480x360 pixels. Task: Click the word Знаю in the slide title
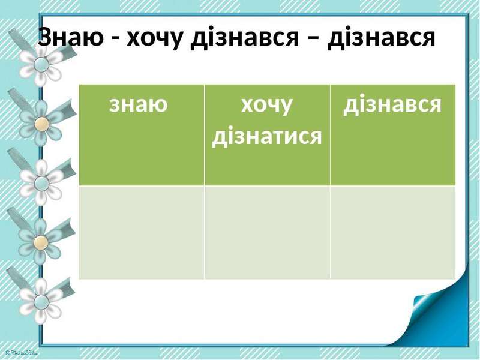point(71,37)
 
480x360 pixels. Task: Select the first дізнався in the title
point(244,38)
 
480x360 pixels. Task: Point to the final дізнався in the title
point(381,38)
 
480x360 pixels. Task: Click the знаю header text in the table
point(139,104)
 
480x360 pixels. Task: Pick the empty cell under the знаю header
point(142,232)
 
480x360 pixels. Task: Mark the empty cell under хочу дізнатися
point(267,232)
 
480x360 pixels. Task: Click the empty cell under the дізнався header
point(393,232)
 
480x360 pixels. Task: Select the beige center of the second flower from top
point(41,124)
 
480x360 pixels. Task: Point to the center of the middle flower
point(41,183)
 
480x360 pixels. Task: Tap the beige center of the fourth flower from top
point(41,242)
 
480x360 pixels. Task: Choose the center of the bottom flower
point(41,302)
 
